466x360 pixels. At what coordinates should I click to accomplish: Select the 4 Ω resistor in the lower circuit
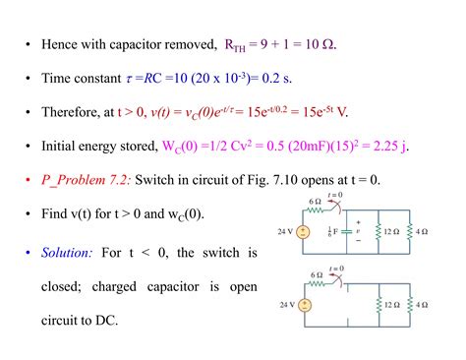412,305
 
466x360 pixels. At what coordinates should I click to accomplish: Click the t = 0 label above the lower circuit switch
337,268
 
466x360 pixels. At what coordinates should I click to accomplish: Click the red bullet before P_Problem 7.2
29,180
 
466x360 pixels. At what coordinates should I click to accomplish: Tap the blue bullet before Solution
29,253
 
